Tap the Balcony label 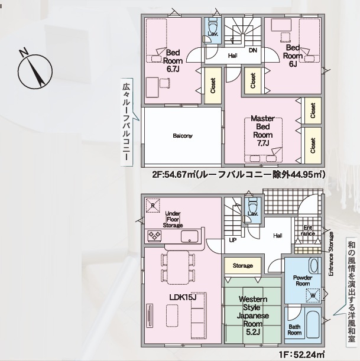(x=183, y=136)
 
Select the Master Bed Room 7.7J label (x=263, y=131)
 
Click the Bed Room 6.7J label (x=173, y=61)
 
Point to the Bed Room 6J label (x=293, y=56)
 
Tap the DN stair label (x=253, y=50)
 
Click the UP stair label (x=233, y=240)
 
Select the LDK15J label (x=183, y=297)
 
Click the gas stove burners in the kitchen (x=154, y=236)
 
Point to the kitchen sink (x=189, y=236)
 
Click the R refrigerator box (x=153, y=205)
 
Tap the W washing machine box (x=313, y=295)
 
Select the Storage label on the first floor (x=243, y=266)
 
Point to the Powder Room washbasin (x=314, y=265)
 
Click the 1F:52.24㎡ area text (x=302, y=355)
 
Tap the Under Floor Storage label (x=173, y=219)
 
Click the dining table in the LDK (x=178, y=267)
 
